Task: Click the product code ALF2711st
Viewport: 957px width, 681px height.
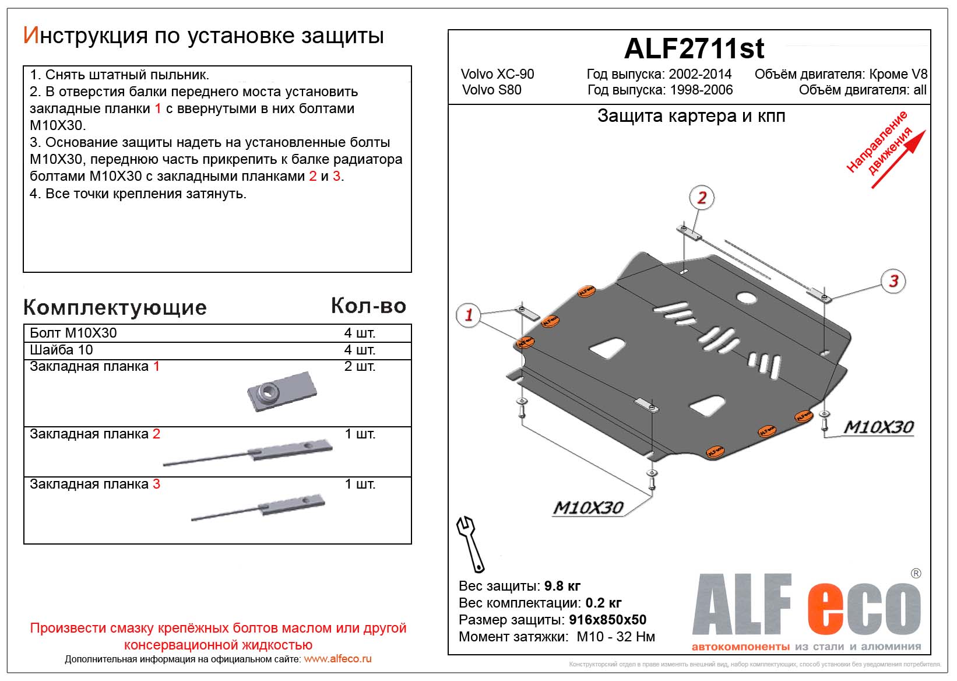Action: tap(694, 49)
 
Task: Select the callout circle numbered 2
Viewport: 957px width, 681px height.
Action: tap(702, 198)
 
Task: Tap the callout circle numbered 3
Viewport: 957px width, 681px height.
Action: tap(893, 281)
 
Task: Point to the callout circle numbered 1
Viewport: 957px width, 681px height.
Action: tap(468, 315)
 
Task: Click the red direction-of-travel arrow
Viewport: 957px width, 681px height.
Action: tap(898, 160)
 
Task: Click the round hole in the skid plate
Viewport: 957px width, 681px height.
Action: tap(745, 297)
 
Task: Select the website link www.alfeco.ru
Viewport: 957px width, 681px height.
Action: tap(337, 659)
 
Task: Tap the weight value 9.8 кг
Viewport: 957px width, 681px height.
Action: tap(562, 586)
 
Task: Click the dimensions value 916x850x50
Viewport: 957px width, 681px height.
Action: tap(607, 620)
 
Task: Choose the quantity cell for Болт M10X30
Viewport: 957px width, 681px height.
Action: tap(360, 333)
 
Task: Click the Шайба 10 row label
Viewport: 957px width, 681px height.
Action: tap(61, 350)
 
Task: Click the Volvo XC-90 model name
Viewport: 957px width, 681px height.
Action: tap(497, 74)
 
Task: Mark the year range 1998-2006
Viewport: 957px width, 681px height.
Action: tap(701, 90)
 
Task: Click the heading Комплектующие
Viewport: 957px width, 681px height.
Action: tap(115, 307)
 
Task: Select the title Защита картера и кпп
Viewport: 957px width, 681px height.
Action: tap(691, 116)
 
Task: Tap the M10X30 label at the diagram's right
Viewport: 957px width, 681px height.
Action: tap(878, 427)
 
